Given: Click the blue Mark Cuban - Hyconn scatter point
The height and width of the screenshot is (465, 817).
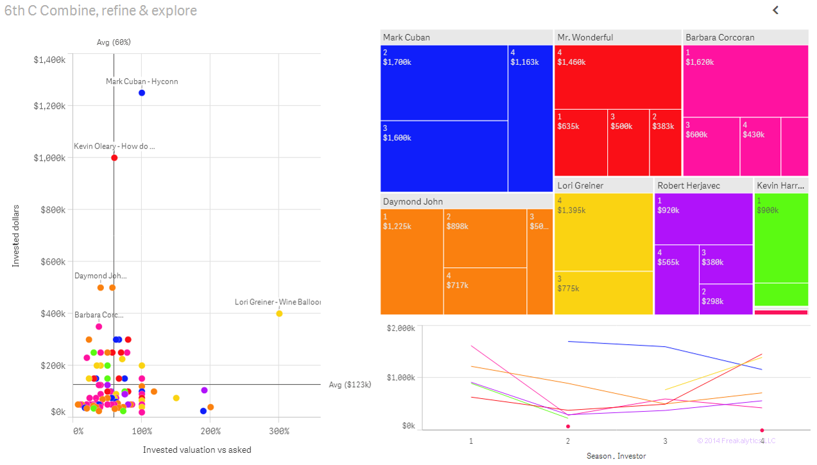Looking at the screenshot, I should click(142, 93).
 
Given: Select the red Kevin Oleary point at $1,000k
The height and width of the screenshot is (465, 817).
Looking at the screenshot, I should click(114, 158).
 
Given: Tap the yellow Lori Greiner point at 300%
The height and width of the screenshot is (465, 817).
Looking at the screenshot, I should click(279, 313).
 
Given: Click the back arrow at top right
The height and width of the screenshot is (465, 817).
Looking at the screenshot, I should click(775, 10).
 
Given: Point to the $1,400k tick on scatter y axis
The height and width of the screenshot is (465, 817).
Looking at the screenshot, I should click(49, 60).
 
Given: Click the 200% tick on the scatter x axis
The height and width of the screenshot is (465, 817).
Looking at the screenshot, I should click(210, 431).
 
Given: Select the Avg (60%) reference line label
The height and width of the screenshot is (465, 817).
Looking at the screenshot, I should click(114, 42).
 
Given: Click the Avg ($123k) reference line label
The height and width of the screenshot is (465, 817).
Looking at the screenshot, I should click(350, 385).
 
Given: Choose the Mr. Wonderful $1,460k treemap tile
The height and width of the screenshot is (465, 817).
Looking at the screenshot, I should click(617, 77).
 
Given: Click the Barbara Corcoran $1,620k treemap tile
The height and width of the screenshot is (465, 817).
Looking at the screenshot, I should click(745, 81).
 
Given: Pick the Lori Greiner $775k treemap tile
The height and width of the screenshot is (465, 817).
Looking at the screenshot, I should click(603, 293).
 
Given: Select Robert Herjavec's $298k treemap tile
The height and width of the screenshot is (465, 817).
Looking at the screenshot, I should click(725, 299).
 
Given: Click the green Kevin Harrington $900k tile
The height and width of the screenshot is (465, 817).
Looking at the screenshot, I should click(781, 238).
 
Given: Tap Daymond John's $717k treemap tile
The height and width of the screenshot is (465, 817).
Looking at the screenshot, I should click(485, 291).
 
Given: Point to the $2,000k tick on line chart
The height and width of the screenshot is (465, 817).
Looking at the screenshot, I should click(400, 328).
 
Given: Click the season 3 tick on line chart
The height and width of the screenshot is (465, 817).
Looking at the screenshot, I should click(665, 441).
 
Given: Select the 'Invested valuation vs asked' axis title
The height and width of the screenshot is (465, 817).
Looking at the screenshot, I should click(197, 450).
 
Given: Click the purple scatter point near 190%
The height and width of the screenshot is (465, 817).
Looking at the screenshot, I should click(204, 390).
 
